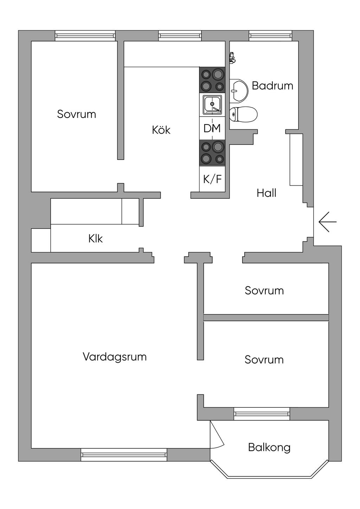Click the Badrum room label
click(272, 86)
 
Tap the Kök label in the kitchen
click(161, 130)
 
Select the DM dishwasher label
click(212, 128)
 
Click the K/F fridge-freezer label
click(212, 179)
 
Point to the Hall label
click(266, 193)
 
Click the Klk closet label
click(96, 239)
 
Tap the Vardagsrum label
click(115, 356)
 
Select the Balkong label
click(269, 447)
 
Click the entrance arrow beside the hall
click(328, 222)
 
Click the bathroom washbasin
click(239, 90)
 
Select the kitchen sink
click(212, 105)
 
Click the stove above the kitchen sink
click(212, 80)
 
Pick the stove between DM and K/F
click(212, 153)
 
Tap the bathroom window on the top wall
click(270, 36)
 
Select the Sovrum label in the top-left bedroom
click(76, 114)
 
